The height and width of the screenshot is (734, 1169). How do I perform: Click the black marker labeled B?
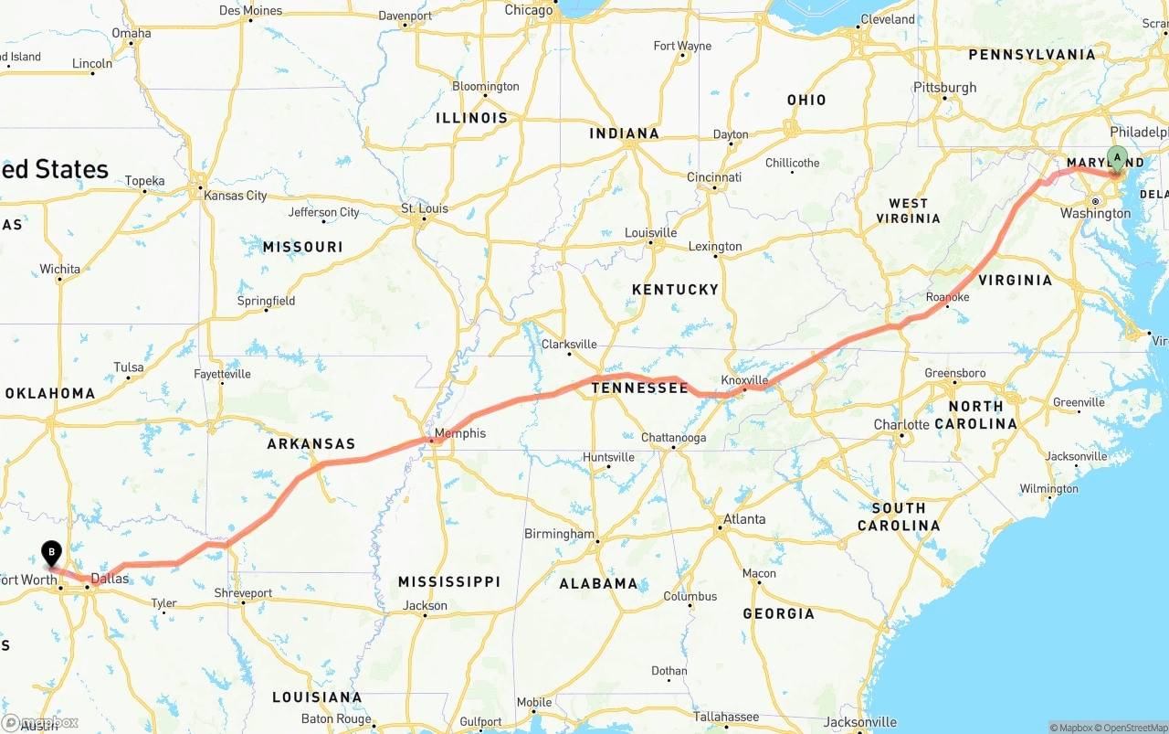coord(52,552)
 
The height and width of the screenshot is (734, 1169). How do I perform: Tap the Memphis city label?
coord(460,433)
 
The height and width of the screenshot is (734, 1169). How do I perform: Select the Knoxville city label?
coord(744,380)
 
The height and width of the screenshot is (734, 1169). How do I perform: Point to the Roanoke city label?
coord(947,298)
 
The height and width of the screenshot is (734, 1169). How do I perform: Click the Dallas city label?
coord(111,580)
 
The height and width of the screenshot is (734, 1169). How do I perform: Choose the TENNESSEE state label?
coord(639,388)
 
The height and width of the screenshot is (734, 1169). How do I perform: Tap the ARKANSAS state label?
coord(311,444)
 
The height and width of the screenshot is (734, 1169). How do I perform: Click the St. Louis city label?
coord(425,208)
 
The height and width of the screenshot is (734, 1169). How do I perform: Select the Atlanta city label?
coord(744,519)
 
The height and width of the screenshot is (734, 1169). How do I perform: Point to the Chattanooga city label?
coord(673,438)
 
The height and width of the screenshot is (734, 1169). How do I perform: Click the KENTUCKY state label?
coord(676,290)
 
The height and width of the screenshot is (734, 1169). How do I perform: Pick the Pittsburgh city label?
coord(945,88)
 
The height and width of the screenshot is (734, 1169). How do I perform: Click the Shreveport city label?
coord(243,593)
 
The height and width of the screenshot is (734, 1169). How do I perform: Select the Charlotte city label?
coord(901,425)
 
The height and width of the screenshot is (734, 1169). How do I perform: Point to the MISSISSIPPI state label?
coord(449,582)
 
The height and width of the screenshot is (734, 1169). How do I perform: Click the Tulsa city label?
coord(129,367)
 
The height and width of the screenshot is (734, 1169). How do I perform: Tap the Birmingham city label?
coord(559,534)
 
